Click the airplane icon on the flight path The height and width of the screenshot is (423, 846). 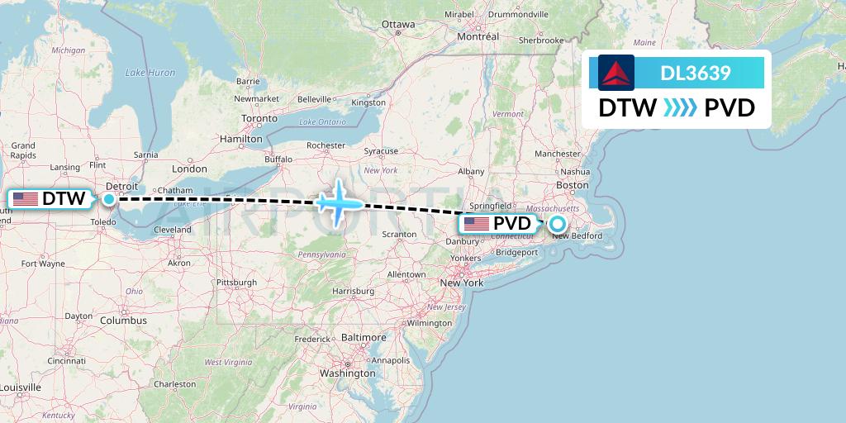pyautogui.click(x=339, y=202)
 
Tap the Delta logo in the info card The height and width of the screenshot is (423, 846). pyautogui.click(x=615, y=73)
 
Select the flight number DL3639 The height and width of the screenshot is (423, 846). pyautogui.click(x=696, y=73)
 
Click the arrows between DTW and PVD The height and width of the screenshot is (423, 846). pyautogui.click(x=680, y=108)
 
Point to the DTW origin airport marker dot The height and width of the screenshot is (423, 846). pyautogui.click(x=109, y=198)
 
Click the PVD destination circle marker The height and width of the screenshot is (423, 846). pyautogui.click(x=558, y=223)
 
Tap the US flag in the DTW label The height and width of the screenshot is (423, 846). pyautogui.click(x=26, y=199)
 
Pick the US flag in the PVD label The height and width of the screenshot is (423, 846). pyautogui.click(x=477, y=224)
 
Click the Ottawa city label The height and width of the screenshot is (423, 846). pyautogui.click(x=398, y=24)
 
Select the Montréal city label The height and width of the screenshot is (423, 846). pyautogui.click(x=478, y=36)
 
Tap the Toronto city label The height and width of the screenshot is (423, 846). pyautogui.click(x=259, y=118)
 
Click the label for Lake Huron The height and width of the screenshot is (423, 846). pyautogui.click(x=150, y=73)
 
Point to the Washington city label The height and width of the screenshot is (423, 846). pyautogui.click(x=348, y=373)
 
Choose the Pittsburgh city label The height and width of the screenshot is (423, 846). pyautogui.click(x=236, y=282)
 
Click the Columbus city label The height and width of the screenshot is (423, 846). pyautogui.click(x=123, y=321)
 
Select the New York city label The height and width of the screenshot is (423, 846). pyautogui.click(x=462, y=283)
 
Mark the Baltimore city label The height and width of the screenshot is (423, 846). pyautogui.click(x=364, y=338)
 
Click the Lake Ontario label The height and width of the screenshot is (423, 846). pyautogui.click(x=320, y=122)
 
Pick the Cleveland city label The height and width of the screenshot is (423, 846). pyautogui.click(x=173, y=230)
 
